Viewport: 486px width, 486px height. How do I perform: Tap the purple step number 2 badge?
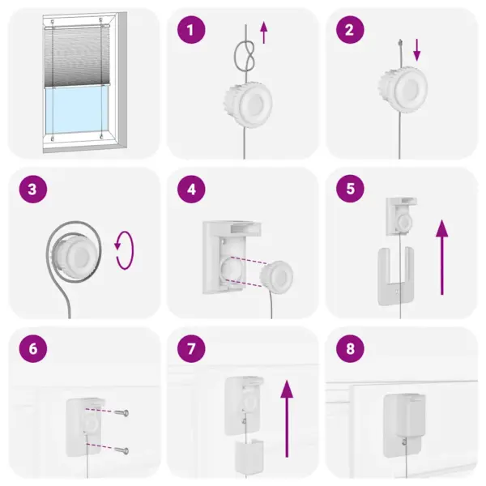point(350,31)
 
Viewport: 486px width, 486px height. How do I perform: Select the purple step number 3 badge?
point(32,190)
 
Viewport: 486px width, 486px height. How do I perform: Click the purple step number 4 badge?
point(191,190)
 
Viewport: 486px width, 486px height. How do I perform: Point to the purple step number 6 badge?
point(32,349)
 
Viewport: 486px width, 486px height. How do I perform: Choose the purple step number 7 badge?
point(191,349)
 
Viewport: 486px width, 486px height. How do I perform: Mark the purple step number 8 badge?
point(350,349)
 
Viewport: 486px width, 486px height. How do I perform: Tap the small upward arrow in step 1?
point(263,35)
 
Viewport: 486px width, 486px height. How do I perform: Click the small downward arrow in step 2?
point(417,50)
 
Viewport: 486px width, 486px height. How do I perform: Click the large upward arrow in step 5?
point(442,258)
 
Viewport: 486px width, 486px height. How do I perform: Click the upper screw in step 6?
point(118,413)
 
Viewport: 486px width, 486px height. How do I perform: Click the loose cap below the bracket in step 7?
point(246,458)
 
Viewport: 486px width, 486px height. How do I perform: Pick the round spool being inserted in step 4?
point(275,276)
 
